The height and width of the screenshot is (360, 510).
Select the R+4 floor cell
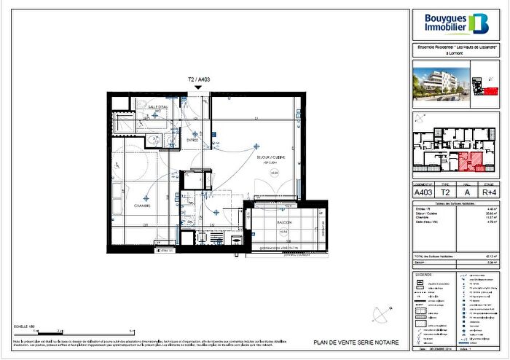[493, 192]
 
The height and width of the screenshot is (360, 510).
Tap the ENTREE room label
[192, 139]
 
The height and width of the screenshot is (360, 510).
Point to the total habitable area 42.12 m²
[470, 256]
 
